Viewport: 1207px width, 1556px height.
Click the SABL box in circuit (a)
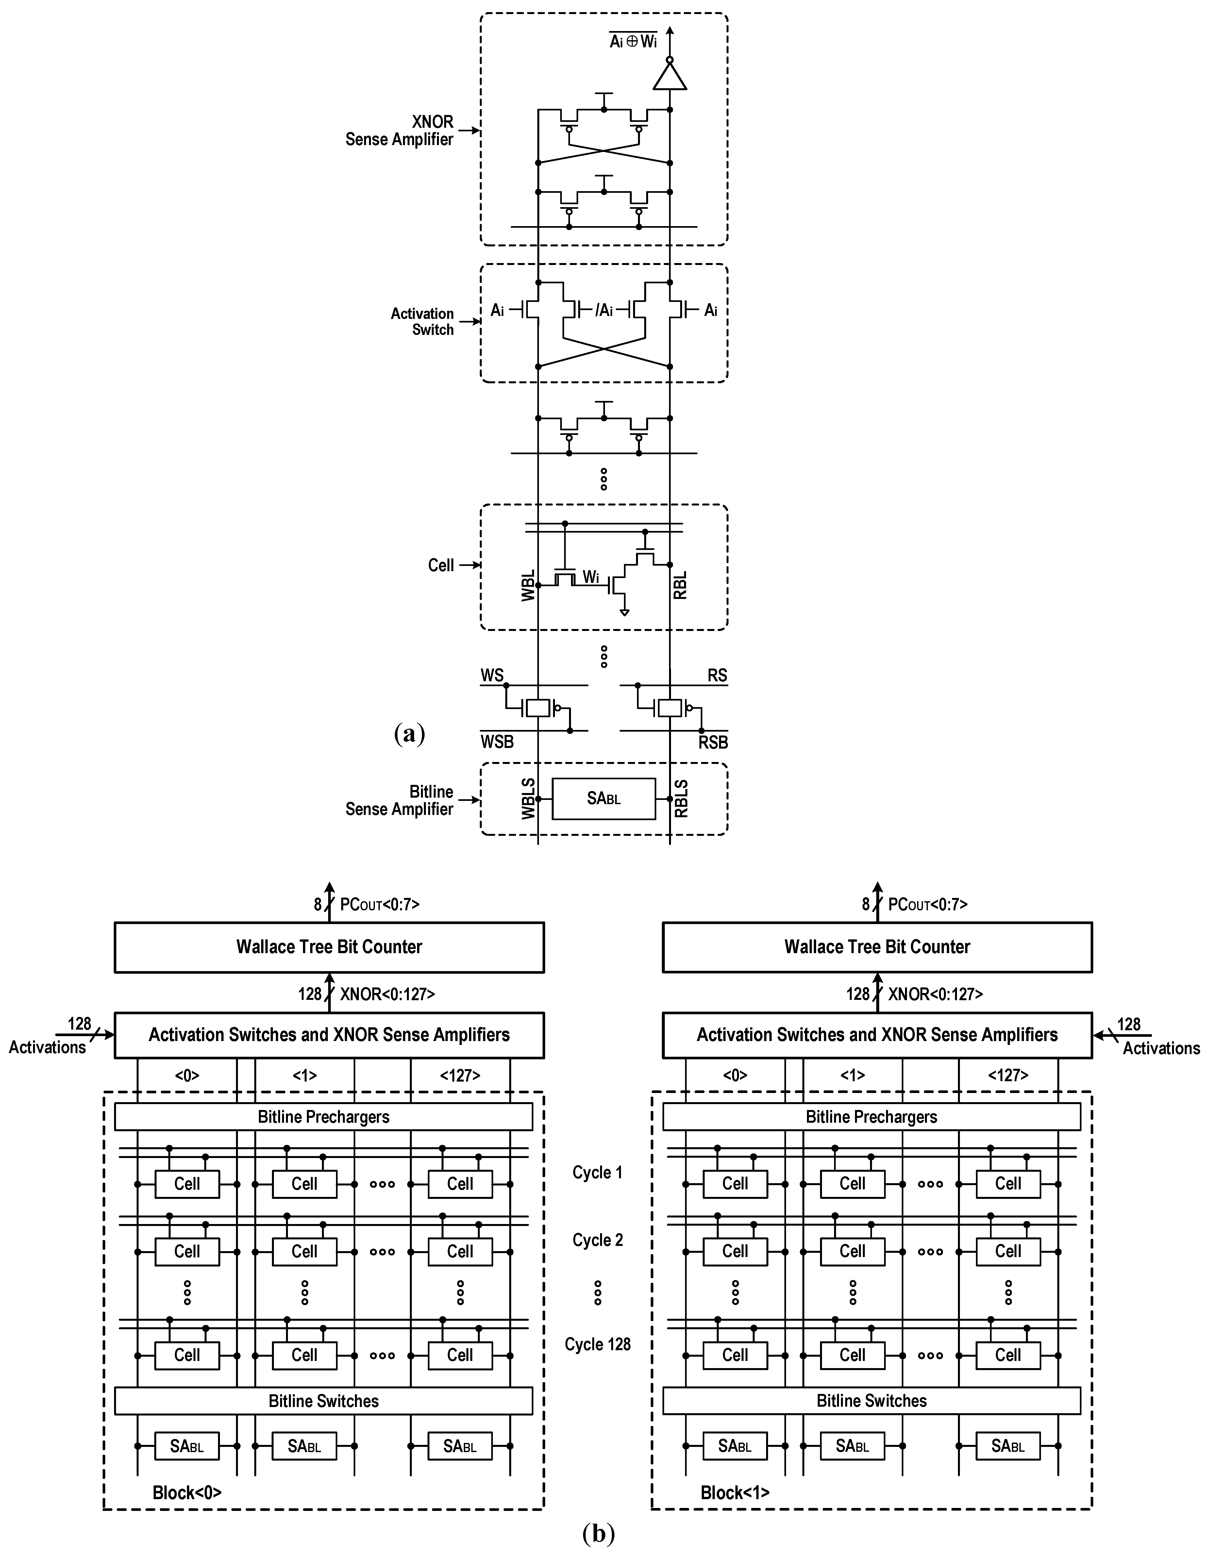tap(603, 799)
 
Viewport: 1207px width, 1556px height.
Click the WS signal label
tap(492, 675)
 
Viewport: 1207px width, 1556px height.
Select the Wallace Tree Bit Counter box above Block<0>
tap(329, 947)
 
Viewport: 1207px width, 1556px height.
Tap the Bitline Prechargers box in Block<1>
tap(871, 1117)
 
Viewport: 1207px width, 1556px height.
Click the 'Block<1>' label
tap(735, 1493)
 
